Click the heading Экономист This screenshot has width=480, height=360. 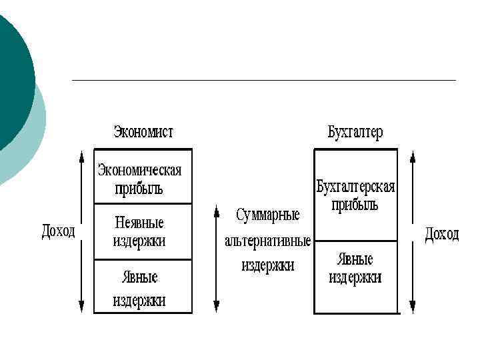(x=143, y=132)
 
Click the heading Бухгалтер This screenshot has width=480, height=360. (x=355, y=132)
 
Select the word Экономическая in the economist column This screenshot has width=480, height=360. (x=140, y=170)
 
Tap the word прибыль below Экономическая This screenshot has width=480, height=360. (x=139, y=189)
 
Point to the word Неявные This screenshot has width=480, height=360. (x=139, y=222)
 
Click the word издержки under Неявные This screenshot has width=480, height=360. (x=139, y=241)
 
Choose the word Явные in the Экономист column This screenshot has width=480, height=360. (x=140, y=276)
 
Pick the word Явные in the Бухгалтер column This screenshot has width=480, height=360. (x=355, y=259)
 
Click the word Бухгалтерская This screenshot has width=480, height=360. (x=355, y=186)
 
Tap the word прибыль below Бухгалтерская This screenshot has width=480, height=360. (x=355, y=204)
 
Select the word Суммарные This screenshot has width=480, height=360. (x=267, y=215)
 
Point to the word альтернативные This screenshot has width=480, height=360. (x=267, y=240)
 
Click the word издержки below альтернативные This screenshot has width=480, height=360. (x=267, y=265)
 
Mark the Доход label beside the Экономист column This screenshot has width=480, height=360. (x=59, y=231)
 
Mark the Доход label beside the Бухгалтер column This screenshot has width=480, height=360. (x=442, y=234)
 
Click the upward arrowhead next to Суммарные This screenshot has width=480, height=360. (x=216, y=212)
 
